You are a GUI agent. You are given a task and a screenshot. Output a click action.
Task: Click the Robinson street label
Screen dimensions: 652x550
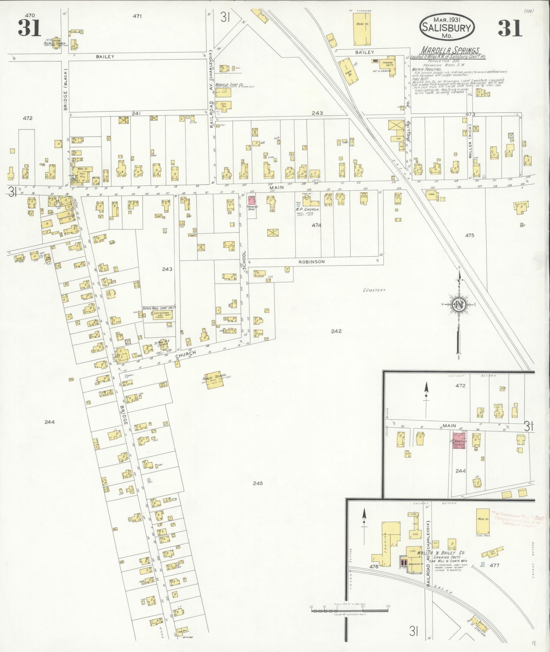312,262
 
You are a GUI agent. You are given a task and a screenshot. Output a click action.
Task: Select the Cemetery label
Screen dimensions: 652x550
374,290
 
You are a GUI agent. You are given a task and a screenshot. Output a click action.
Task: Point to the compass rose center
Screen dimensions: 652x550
459,304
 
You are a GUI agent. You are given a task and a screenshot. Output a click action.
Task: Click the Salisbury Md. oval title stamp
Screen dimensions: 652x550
447,27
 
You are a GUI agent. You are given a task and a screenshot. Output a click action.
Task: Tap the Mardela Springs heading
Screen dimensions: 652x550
450,51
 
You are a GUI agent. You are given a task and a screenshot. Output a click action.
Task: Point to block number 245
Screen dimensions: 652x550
258,483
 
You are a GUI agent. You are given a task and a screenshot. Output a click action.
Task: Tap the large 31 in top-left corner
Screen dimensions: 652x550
30,28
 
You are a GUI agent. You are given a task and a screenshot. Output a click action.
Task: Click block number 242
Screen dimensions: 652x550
336,331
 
